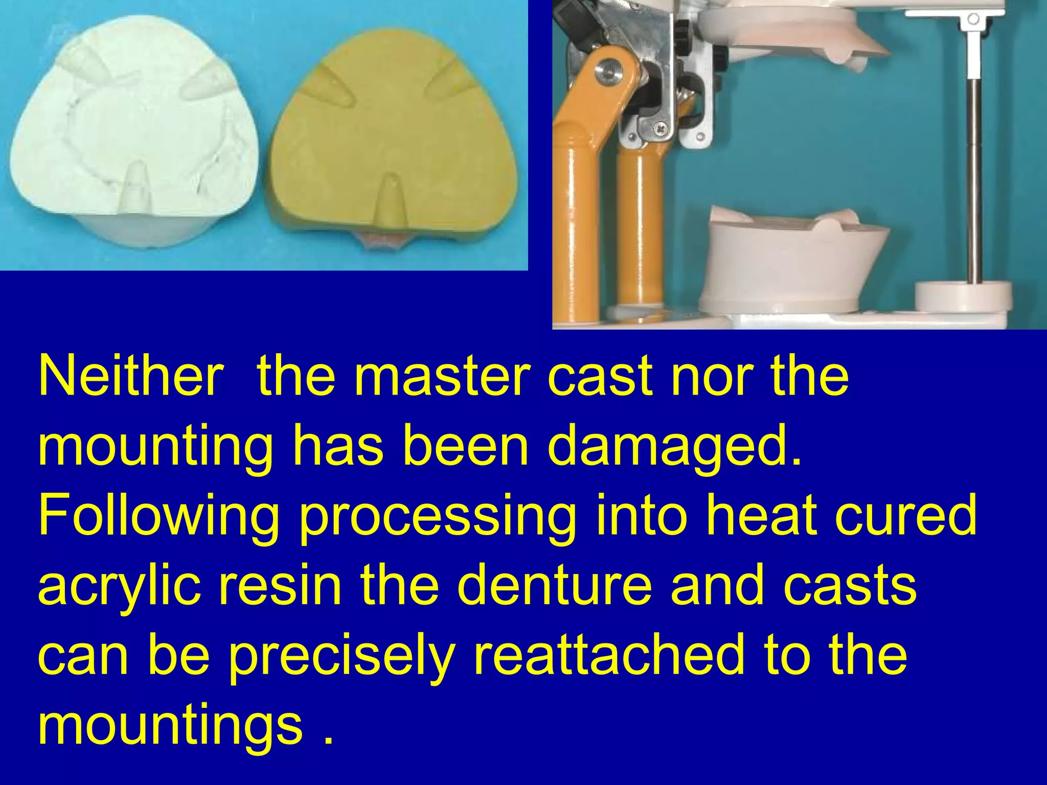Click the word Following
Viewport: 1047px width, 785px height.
(x=159, y=516)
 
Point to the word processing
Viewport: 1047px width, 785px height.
(x=437, y=516)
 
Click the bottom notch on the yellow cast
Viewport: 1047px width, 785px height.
(x=391, y=204)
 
